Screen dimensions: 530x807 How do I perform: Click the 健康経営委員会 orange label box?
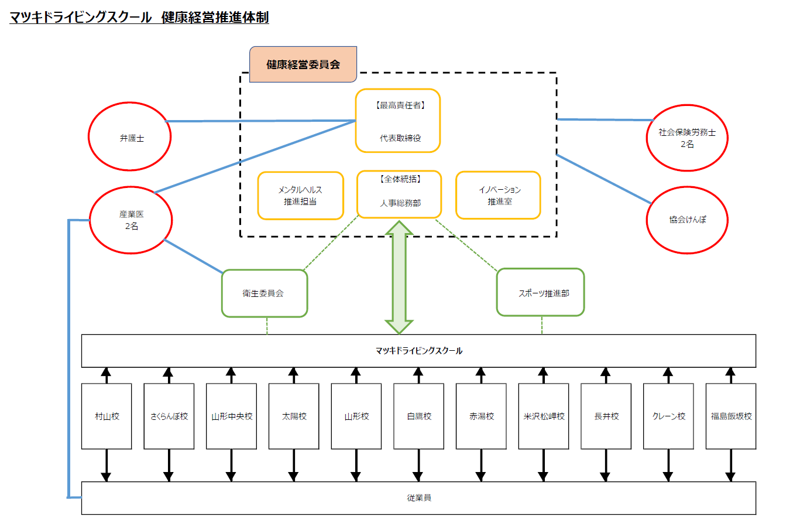pos(303,64)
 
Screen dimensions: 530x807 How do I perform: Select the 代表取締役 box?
pos(398,121)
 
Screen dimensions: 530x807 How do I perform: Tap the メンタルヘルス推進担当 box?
pos(300,196)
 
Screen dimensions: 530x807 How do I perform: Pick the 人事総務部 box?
pos(399,194)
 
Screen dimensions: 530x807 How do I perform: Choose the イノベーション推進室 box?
pos(498,196)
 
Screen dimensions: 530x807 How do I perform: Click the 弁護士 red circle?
pos(130,137)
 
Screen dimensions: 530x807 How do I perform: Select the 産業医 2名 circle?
pos(131,220)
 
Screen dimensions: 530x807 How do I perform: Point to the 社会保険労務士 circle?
pos(687,138)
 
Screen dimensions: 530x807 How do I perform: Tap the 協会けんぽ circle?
pos(687,220)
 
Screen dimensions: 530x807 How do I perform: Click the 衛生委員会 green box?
pos(265,293)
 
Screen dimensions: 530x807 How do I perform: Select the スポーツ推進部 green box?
pos(541,293)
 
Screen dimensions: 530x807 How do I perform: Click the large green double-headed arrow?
pos(399,277)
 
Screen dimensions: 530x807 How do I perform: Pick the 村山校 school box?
pos(107,416)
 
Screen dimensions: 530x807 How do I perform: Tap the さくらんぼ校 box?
pos(169,416)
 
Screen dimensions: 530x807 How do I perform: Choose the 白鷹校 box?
pos(419,416)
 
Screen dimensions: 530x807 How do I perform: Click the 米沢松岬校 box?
pos(544,416)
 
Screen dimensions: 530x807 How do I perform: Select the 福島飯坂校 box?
pos(731,416)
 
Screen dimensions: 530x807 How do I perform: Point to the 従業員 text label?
pos(419,498)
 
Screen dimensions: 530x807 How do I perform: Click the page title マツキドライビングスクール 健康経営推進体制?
pos(139,18)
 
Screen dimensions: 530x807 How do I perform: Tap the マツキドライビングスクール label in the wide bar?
pos(419,351)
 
